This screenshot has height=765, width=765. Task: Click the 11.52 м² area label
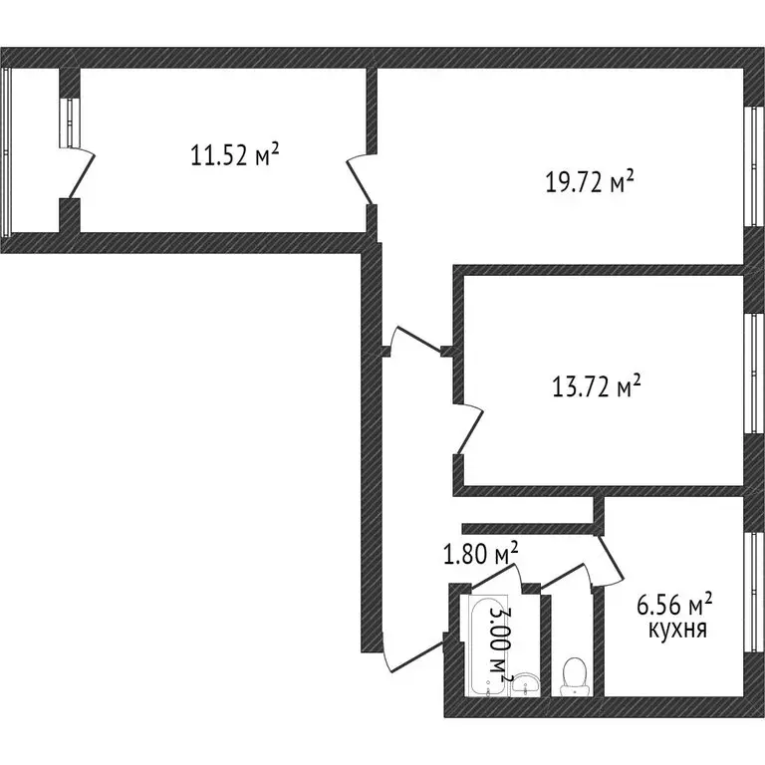coord(235,154)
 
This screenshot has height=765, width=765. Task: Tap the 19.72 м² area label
coord(590,181)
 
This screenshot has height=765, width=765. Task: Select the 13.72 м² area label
coord(597,386)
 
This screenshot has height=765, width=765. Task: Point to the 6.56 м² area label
coord(674,605)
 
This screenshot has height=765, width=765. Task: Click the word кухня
coord(677,630)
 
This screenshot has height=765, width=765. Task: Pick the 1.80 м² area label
coord(480,553)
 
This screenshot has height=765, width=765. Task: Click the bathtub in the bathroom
coord(488,645)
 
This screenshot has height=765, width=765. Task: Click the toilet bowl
coord(574,676)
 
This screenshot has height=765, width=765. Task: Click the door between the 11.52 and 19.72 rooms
coord(360,179)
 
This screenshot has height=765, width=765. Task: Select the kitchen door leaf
coord(611,561)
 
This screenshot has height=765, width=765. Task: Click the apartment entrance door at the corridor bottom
coord(413,657)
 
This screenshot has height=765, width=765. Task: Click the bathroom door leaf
coord(493,576)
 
